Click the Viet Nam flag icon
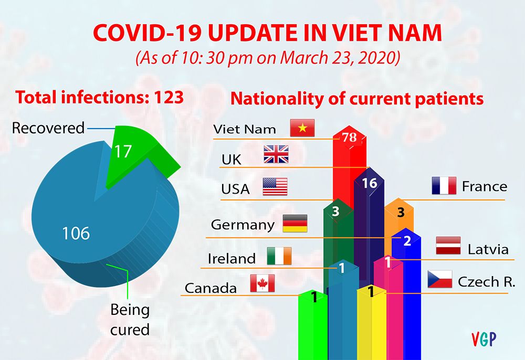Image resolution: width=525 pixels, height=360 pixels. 302,128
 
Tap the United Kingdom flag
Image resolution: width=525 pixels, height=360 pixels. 276,154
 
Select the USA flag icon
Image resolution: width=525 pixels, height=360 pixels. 275,187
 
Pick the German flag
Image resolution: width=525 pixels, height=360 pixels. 295,224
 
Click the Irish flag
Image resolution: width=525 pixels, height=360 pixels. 279,256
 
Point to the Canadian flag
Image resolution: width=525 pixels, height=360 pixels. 262,283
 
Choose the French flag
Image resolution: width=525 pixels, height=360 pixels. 444,186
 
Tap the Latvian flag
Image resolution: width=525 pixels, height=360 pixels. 448,246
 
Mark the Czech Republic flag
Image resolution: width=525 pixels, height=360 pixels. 440,279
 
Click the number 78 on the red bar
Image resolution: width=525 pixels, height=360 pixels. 349,137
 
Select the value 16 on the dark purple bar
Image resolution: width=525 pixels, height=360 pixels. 370,183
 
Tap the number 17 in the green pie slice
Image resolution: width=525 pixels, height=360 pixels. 124,151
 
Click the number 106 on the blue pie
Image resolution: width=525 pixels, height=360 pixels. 76,232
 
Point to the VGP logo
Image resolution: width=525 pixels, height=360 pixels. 484,339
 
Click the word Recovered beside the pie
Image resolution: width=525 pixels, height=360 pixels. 48,128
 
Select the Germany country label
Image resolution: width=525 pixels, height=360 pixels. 243,225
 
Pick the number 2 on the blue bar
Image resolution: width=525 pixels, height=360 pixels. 407,241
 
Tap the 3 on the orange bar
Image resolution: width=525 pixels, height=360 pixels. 400,213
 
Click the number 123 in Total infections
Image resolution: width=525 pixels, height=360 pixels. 165,97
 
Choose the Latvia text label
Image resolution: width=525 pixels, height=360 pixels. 488,249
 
